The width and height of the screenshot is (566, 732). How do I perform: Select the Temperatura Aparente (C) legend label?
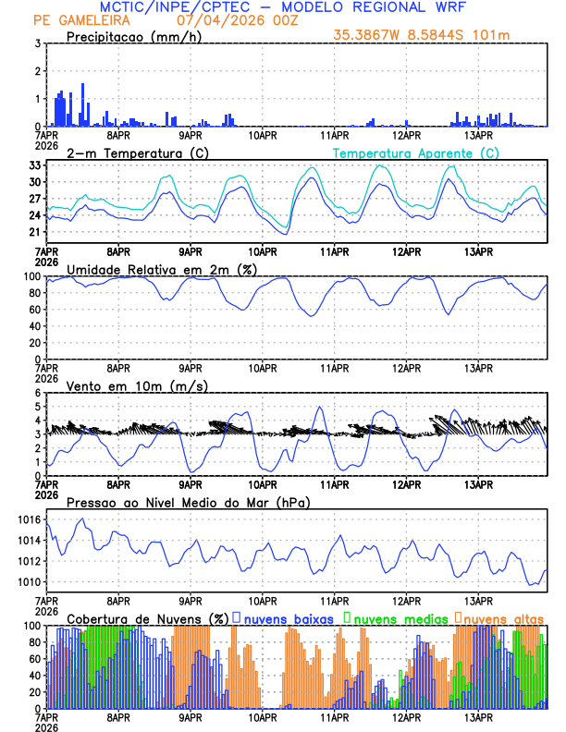coord(416,152)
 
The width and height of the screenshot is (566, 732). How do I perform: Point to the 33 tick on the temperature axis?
coord(33,165)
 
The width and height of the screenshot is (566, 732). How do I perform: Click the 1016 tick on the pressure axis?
coord(28,520)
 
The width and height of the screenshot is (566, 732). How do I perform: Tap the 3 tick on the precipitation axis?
coord(37,43)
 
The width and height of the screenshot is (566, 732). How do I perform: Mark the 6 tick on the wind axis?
coord(37,393)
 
